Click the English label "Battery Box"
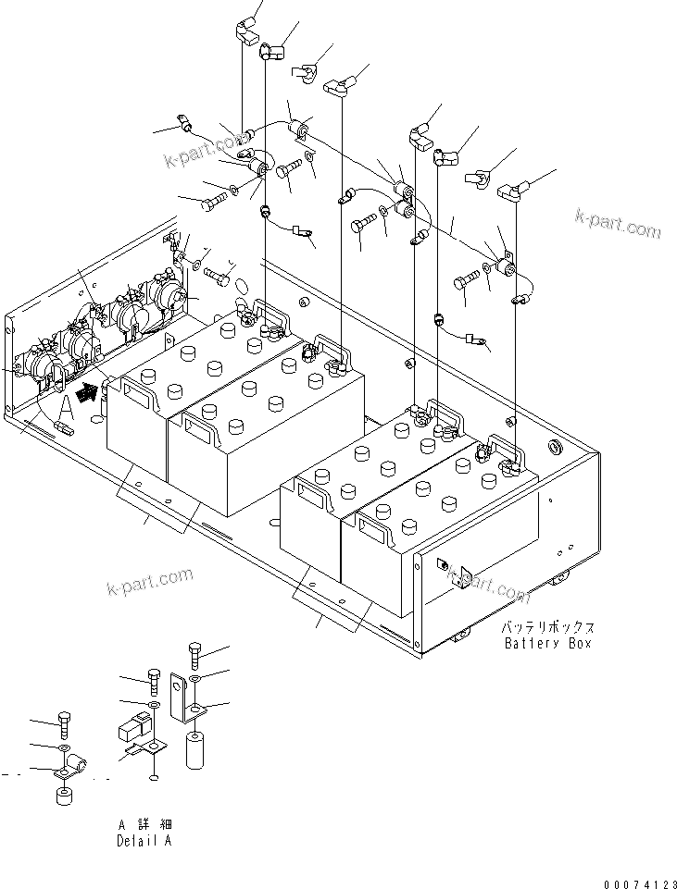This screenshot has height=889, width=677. click(x=546, y=643)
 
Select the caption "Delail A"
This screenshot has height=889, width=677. click(x=144, y=841)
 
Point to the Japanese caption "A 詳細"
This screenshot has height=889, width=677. click(x=144, y=824)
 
